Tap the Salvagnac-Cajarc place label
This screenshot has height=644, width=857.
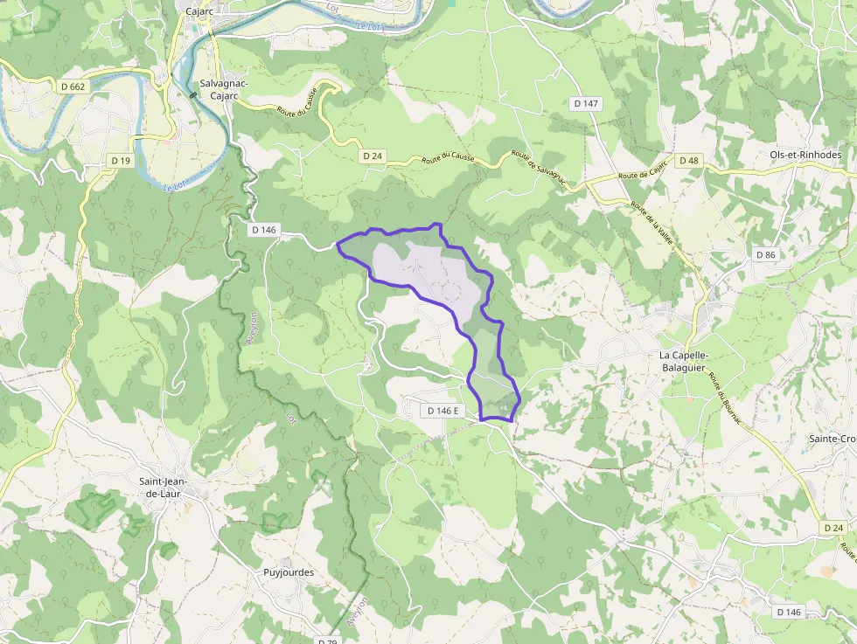224,89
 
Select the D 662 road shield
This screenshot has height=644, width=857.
74,87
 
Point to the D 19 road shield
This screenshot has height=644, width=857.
121,161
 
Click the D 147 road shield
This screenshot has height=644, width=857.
587,103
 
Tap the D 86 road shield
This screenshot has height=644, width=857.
765,254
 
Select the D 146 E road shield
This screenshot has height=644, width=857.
444,410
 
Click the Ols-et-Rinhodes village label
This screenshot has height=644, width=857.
805,155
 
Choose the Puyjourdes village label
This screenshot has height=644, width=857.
289,573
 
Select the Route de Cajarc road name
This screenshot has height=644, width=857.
643,170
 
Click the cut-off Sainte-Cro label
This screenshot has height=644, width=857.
832,439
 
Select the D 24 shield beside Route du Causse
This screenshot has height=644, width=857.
373,156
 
